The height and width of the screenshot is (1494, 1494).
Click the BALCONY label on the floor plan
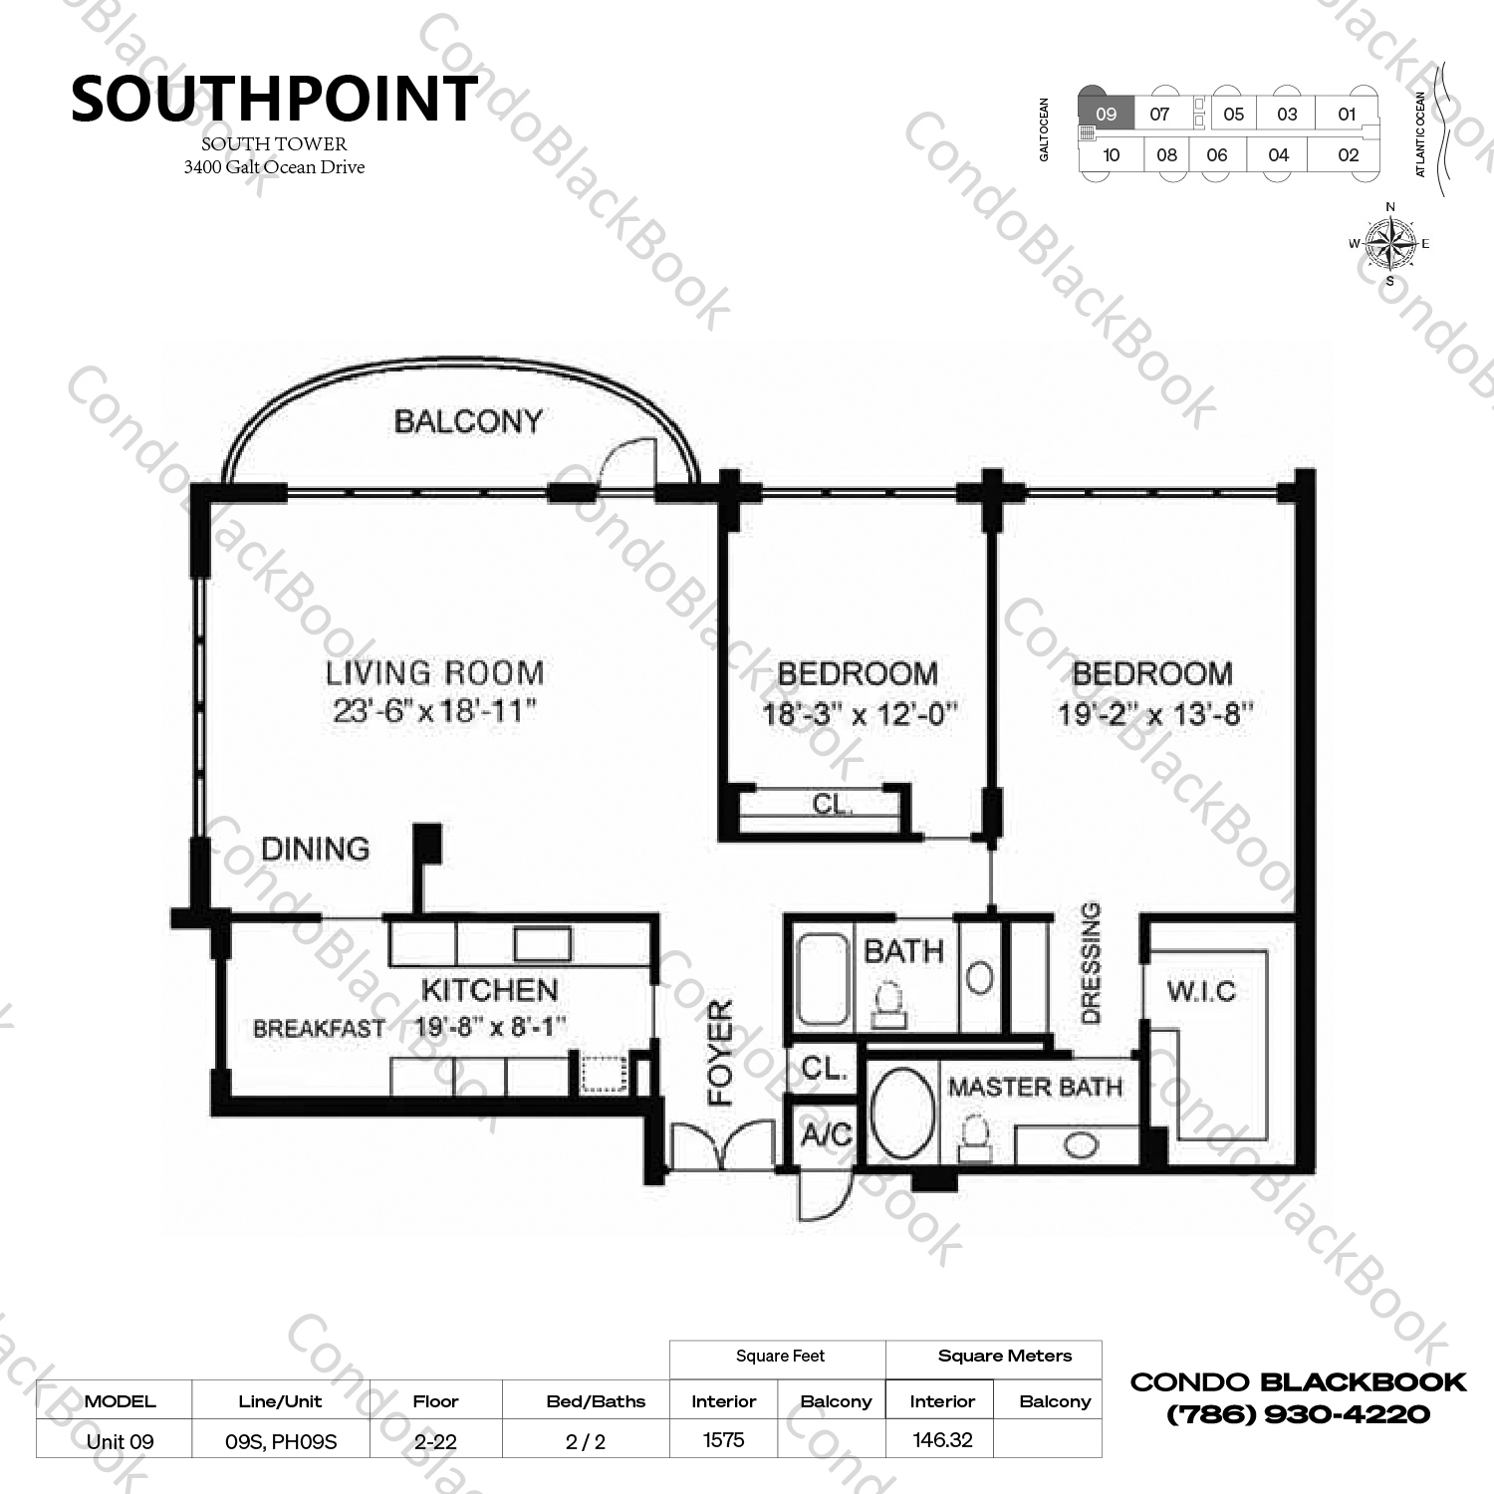click(x=468, y=421)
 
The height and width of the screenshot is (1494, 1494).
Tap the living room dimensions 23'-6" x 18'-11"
click(x=435, y=711)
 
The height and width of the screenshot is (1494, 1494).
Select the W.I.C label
click(x=1201, y=991)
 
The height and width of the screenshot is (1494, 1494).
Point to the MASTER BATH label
click(x=1035, y=1087)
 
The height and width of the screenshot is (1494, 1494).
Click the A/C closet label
click(x=827, y=1133)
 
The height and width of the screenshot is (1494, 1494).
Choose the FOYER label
click(x=720, y=1053)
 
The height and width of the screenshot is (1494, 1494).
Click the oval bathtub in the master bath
click(x=901, y=1114)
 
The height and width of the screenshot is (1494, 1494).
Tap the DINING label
click(x=315, y=849)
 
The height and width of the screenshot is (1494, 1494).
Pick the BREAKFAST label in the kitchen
click(x=319, y=1029)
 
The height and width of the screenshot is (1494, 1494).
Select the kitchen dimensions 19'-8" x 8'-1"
click(x=490, y=1026)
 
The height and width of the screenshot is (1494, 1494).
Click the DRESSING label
click(x=1091, y=963)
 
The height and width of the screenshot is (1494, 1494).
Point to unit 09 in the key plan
click(x=1106, y=114)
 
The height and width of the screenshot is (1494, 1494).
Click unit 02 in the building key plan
click(x=1348, y=154)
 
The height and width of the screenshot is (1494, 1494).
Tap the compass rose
click(x=1390, y=243)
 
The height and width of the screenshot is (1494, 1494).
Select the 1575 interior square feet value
click(x=723, y=1440)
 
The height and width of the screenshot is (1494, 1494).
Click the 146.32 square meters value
click(x=942, y=1440)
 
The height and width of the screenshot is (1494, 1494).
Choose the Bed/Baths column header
click(x=596, y=1401)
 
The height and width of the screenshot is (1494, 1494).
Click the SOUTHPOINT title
click(x=274, y=99)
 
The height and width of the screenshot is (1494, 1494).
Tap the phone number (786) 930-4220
click(x=1298, y=1414)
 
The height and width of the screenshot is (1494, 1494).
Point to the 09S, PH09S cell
click(x=281, y=1441)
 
